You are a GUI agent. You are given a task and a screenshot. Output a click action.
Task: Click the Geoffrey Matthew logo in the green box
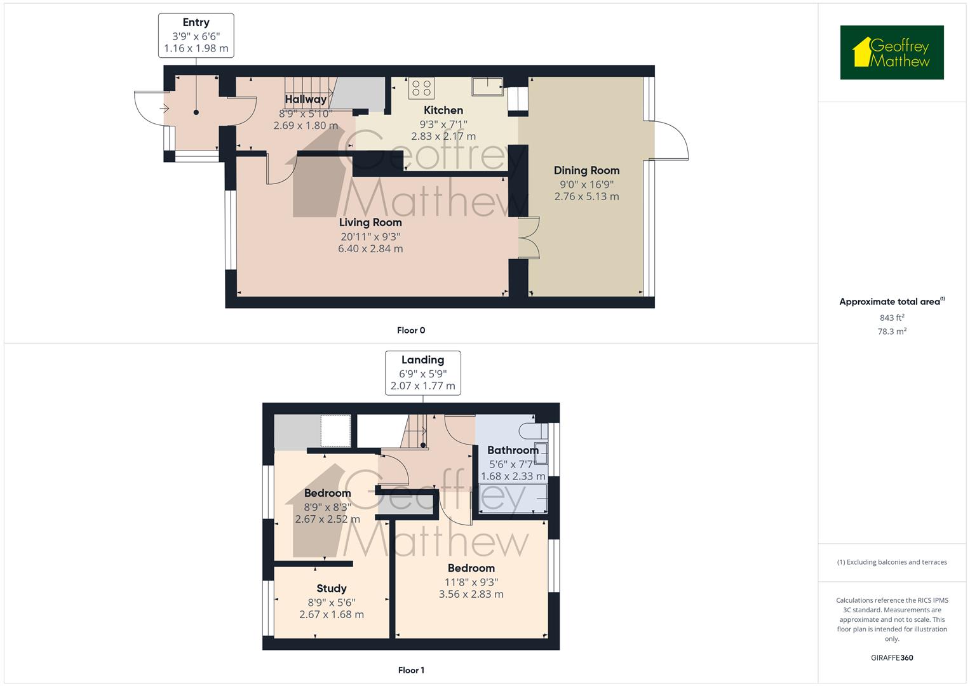[x=891, y=53]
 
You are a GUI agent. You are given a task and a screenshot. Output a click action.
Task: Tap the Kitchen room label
[x=443, y=110]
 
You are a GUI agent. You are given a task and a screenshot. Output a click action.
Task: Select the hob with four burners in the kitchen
[x=421, y=88]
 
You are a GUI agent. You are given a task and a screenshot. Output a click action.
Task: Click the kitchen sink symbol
[x=487, y=85]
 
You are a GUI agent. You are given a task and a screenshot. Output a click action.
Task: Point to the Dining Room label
[x=586, y=170]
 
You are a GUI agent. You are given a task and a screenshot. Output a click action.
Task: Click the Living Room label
[x=370, y=222]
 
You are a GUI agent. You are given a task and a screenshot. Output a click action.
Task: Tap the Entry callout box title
[x=196, y=22]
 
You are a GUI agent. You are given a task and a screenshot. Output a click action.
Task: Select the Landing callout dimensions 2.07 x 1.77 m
[x=422, y=386]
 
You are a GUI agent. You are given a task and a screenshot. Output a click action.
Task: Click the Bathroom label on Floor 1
[x=513, y=450]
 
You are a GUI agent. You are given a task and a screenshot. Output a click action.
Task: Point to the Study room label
[x=331, y=588]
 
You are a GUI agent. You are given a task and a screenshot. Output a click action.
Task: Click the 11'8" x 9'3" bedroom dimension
[x=471, y=582]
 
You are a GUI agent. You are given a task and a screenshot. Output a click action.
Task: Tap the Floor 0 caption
[x=411, y=330]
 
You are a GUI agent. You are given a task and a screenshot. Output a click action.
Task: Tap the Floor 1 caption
[x=411, y=670]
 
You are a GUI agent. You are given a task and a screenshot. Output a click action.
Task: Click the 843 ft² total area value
[x=891, y=318]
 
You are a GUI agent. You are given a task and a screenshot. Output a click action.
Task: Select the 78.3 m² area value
[x=891, y=332]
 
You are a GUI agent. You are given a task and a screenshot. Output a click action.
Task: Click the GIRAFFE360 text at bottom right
[x=891, y=657]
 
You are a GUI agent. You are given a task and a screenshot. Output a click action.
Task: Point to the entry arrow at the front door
[x=165, y=109]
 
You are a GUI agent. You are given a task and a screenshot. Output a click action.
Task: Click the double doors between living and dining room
[x=529, y=238]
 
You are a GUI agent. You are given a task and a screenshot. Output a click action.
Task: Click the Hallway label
[x=306, y=99]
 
